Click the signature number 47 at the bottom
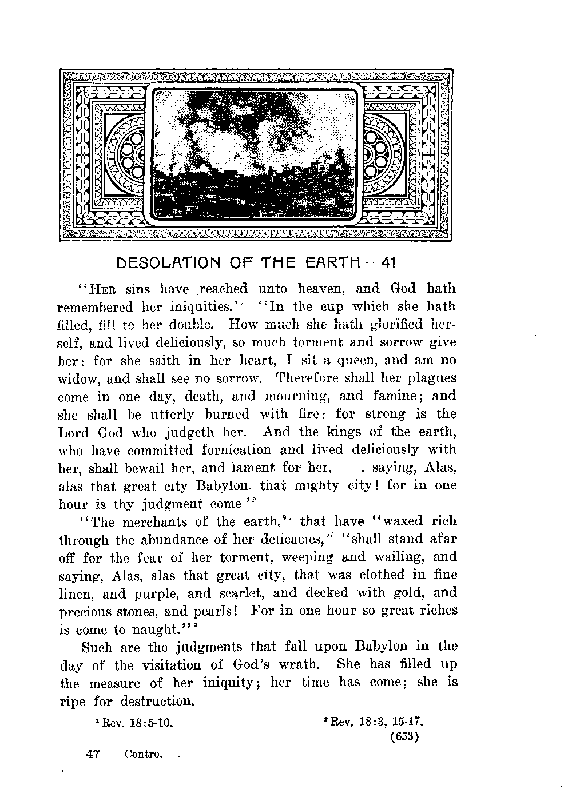click(x=92, y=754)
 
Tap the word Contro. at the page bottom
click(x=144, y=754)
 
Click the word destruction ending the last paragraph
click(x=157, y=702)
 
